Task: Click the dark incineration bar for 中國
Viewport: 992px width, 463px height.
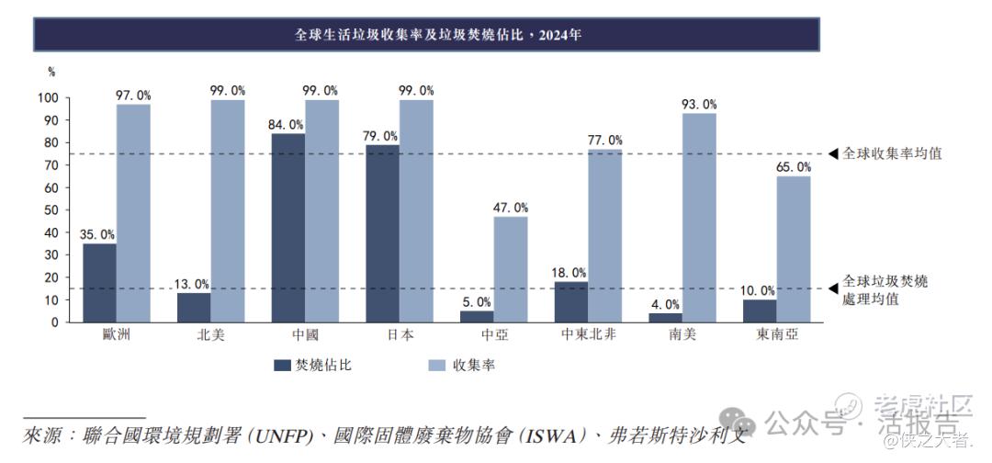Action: point(288,228)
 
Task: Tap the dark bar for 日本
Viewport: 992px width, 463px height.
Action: point(382,233)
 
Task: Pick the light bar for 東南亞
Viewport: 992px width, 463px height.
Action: point(794,249)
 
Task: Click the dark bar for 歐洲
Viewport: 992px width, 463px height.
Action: point(100,283)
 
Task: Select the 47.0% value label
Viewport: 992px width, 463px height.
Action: point(511,208)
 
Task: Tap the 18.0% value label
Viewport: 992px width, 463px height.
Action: point(569,273)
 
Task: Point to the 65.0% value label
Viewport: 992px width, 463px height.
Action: point(794,167)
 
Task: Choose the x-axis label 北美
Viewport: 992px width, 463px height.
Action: point(210,335)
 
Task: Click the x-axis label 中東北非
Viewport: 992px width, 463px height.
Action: point(588,335)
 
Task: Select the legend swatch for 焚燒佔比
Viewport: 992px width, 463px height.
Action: point(282,366)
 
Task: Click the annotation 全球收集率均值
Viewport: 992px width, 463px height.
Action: point(892,153)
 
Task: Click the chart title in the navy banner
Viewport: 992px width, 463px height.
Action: point(425,35)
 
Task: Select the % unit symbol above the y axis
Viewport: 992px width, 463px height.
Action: point(51,72)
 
